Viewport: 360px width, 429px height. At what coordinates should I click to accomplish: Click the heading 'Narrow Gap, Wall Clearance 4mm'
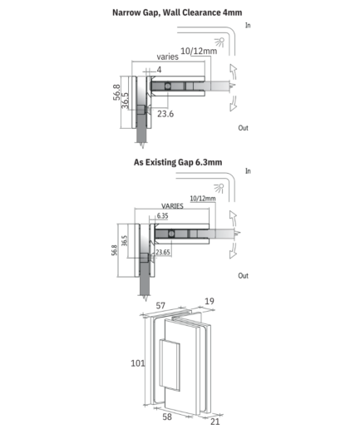coord(177,12)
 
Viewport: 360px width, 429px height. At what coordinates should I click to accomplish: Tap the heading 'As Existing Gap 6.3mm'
coord(178,162)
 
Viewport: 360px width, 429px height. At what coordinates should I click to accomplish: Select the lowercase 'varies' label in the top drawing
coord(167,57)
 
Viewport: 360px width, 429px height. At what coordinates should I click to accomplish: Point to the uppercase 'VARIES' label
coord(172,206)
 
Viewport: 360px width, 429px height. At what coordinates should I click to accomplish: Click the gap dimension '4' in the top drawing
coord(159,70)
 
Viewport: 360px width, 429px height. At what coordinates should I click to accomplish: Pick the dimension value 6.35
coord(162,215)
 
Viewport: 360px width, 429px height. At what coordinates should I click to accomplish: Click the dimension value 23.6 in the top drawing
coord(165,114)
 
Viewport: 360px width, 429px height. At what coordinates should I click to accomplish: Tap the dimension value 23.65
coord(163,252)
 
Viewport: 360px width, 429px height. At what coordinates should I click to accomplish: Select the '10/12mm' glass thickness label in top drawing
coord(199,51)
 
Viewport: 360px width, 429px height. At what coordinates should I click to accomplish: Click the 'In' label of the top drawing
coord(248,25)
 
